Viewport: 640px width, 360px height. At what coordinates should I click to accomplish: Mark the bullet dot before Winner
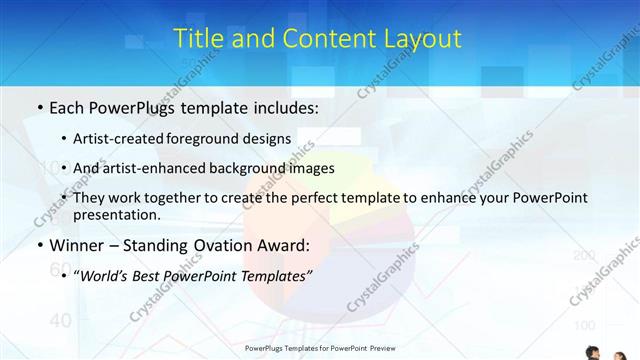pyautogui.click(x=38, y=245)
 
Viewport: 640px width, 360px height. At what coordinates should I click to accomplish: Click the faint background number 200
pyautogui.click(x=584, y=256)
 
